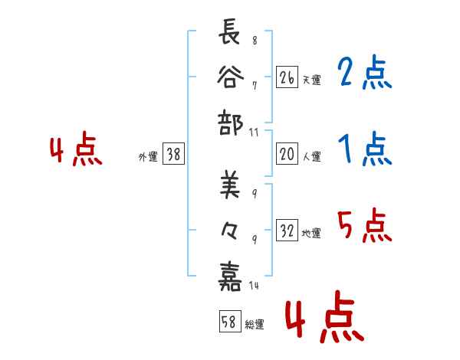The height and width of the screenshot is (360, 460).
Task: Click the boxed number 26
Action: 287,77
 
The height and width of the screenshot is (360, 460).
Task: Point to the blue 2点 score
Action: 364,74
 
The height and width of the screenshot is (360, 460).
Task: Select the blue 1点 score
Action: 364,149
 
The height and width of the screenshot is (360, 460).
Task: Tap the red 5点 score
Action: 364,227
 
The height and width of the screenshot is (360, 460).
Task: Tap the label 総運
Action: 255,325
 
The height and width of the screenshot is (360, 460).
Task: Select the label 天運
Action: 311,80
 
